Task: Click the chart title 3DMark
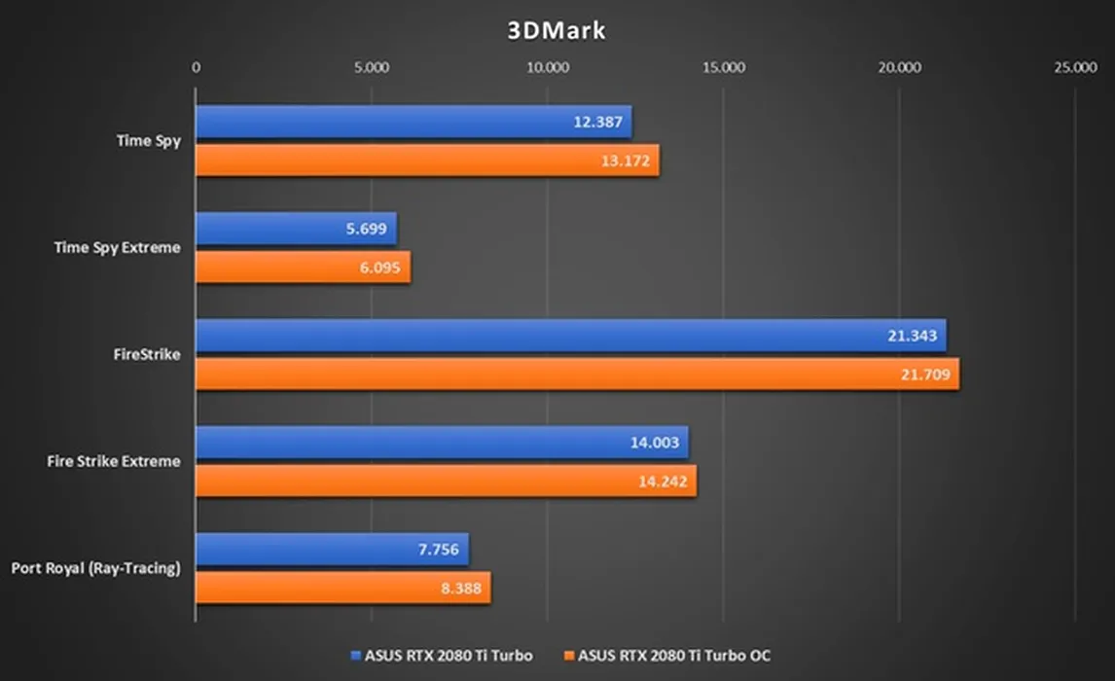click(557, 30)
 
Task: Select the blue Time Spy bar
click(414, 123)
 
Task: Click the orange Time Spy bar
click(427, 161)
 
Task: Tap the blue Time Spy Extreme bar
click(296, 230)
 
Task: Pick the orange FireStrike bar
click(577, 375)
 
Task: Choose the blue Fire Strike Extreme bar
click(442, 443)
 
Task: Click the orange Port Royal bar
click(342, 588)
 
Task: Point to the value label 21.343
click(912, 337)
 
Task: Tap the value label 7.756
click(438, 550)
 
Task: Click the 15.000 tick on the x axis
click(723, 68)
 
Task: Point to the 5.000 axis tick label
click(372, 68)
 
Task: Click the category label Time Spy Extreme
click(117, 248)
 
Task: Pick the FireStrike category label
click(147, 355)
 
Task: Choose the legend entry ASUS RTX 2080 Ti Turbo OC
click(673, 656)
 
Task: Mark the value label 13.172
click(625, 161)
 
